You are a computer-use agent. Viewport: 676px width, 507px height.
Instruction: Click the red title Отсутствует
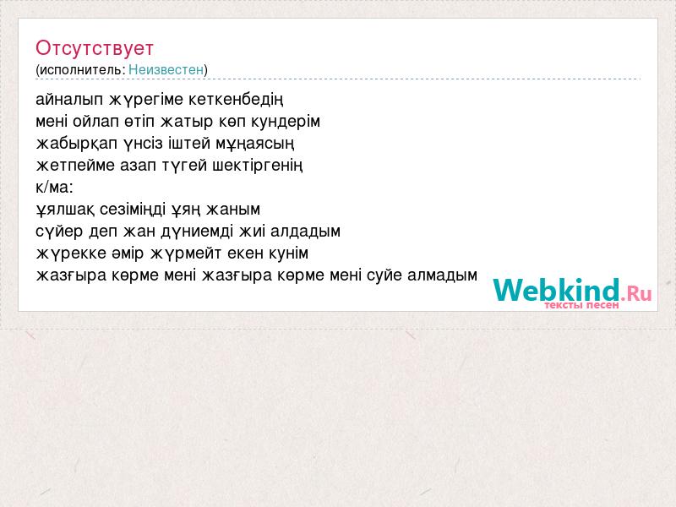pyautogui.click(x=95, y=48)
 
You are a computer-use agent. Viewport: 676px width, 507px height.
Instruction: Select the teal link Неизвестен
pyautogui.click(x=166, y=69)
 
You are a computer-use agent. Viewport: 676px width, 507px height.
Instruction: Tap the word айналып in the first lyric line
pyautogui.click(x=69, y=100)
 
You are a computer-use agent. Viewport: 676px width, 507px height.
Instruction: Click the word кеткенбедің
pyautogui.click(x=236, y=100)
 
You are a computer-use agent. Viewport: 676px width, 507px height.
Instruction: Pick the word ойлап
pyautogui.click(x=95, y=122)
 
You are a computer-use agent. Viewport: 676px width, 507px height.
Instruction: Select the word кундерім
pyautogui.click(x=286, y=122)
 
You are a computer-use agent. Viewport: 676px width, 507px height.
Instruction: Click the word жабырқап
pyautogui.click(x=77, y=144)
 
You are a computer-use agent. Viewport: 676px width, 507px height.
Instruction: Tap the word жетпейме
pyautogui.click(x=75, y=165)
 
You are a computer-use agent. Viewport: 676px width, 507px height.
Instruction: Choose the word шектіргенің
pyautogui.click(x=258, y=166)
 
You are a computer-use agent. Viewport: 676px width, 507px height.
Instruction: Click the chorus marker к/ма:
pyautogui.click(x=55, y=187)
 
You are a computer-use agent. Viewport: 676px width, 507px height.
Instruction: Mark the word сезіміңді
pyautogui.click(x=133, y=210)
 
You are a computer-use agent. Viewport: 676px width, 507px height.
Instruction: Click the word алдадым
pyautogui.click(x=306, y=232)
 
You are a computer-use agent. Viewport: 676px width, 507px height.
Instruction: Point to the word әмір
pyautogui.click(x=128, y=253)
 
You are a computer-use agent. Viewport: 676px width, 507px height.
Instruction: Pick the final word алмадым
pyautogui.click(x=442, y=275)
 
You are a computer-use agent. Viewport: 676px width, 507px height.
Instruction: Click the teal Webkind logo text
pyautogui.click(x=556, y=290)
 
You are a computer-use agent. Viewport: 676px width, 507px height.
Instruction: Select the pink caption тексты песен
pyautogui.click(x=581, y=305)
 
